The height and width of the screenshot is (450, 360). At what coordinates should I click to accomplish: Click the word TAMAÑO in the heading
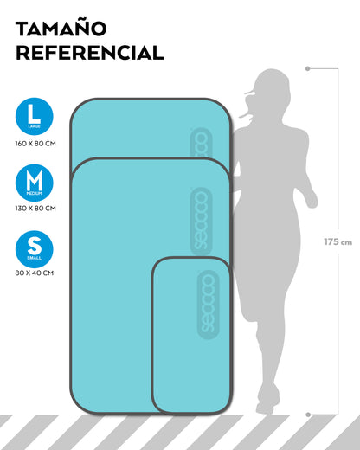(61, 29)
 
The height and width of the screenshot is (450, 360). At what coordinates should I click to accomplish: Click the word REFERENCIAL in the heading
(90, 52)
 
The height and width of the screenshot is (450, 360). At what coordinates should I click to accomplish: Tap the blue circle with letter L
(35, 116)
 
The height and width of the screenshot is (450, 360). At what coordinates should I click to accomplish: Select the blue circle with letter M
(35, 183)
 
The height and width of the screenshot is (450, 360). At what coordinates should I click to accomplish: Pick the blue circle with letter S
(35, 249)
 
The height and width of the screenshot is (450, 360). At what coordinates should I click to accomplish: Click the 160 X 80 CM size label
(35, 144)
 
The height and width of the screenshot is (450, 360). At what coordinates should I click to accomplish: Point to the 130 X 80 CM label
(35, 208)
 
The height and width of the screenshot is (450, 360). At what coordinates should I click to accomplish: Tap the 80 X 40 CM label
(35, 273)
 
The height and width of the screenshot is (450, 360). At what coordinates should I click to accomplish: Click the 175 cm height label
(337, 241)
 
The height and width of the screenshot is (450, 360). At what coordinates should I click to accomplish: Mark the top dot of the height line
(308, 68)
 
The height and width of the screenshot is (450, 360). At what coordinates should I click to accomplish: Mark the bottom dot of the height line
(308, 415)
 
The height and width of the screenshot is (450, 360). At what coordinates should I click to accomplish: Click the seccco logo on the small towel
(208, 305)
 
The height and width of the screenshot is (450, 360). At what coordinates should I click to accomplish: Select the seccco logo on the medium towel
(201, 221)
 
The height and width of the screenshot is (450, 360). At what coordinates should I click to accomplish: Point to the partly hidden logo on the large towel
(201, 143)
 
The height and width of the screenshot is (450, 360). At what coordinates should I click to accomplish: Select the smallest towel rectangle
(191, 336)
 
